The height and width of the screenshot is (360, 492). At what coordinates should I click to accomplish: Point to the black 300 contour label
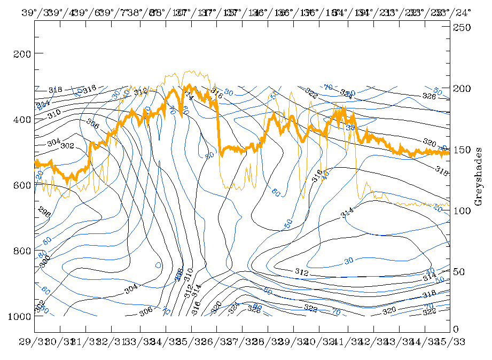44,260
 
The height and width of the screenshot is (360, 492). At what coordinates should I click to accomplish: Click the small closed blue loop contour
158,264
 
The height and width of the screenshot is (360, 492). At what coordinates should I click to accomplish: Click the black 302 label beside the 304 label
67,145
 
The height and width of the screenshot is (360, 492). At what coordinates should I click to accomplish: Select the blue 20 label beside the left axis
40,175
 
